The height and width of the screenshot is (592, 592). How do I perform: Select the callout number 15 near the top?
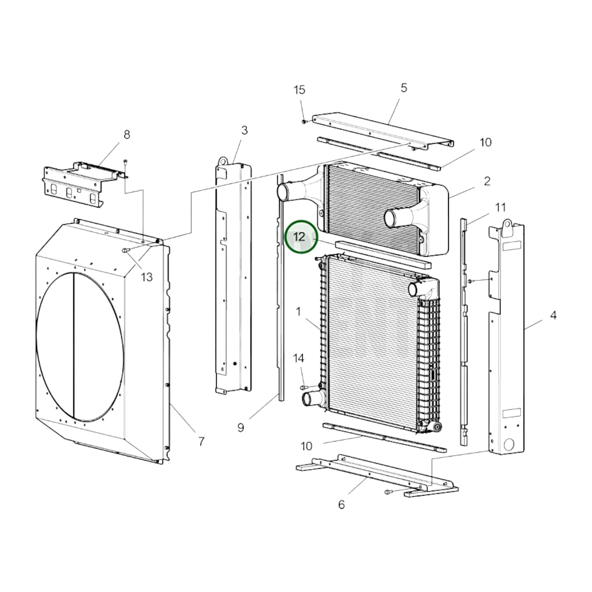[299, 90]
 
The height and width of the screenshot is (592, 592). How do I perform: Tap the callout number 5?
[404, 88]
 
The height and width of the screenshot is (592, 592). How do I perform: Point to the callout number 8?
[127, 134]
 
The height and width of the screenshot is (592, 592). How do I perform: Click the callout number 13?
[147, 277]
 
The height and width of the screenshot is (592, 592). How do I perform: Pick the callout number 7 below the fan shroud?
[201, 442]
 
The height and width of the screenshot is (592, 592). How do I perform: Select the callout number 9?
[240, 428]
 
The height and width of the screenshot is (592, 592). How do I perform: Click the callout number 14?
[299, 358]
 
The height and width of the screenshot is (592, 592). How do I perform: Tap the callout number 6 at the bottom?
[341, 505]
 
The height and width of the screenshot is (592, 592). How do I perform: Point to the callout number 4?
[553, 315]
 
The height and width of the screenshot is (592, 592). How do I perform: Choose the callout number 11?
[500, 207]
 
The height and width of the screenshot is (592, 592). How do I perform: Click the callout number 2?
[487, 181]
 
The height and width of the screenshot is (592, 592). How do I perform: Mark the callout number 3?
[244, 130]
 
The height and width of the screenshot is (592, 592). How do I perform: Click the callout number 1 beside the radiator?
[298, 312]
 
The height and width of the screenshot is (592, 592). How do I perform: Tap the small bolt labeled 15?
[304, 122]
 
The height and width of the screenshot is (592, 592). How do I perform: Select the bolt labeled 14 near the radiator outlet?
[303, 387]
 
